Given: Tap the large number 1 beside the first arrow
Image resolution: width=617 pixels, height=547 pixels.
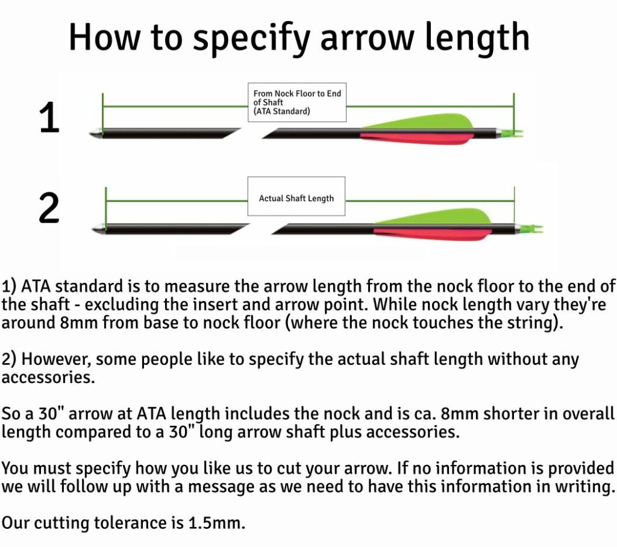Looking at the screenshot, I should (x=49, y=117).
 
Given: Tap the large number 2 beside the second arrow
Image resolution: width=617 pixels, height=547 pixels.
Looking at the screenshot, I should (x=49, y=209).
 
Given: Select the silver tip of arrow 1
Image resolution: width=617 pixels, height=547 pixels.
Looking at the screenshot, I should (x=96, y=131).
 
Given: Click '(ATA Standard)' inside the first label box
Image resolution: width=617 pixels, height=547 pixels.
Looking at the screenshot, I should (x=281, y=112).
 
